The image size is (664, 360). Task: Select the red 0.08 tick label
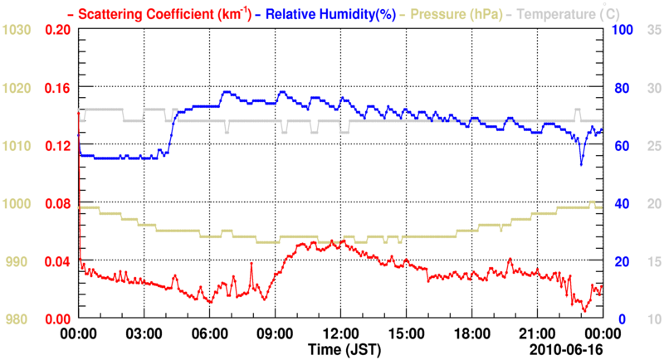[x=57, y=203]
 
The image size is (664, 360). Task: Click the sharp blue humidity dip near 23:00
[x=581, y=164]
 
